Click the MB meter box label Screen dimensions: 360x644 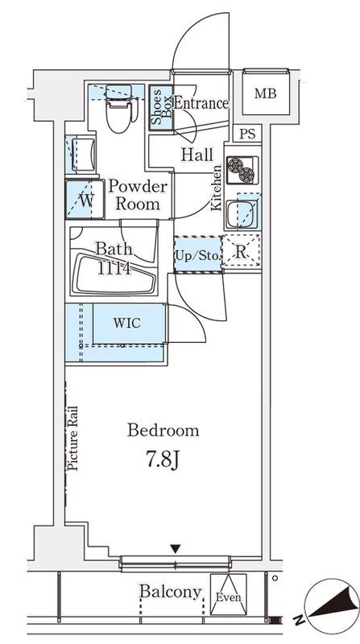[x=265, y=93]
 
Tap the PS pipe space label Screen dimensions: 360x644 [x=247, y=134]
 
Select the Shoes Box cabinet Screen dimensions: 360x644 [x=161, y=108]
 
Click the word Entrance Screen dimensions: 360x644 [x=201, y=103]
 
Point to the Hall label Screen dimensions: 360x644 [x=197, y=155]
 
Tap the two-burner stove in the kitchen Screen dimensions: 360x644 [x=242, y=170]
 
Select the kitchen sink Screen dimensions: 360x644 [x=242, y=213]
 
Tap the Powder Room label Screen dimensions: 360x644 [x=138, y=196]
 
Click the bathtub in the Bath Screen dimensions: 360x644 [x=114, y=274]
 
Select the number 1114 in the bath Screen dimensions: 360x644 [x=114, y=269]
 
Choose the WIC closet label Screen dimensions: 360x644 [x=127, y=323]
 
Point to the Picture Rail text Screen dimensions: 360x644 [x=72, y=438]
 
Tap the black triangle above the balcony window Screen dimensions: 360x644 [x=176, y=549]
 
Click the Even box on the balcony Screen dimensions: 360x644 [x=229, y=594]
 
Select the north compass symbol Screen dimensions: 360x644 [x=330, y=606]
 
